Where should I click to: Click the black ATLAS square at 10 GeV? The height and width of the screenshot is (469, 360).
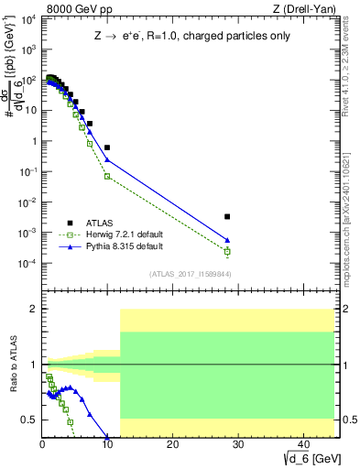(107, 147)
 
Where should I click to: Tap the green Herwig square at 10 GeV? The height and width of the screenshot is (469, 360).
(107, 176)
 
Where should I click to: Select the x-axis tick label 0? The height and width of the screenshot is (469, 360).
(42, 446)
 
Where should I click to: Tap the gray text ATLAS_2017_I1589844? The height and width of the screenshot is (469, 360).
(189, 274)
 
